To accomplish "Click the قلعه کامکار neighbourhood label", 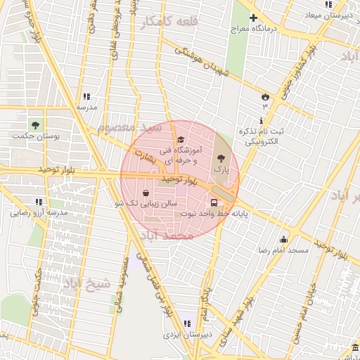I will [169, 22].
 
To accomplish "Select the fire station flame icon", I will [264, 96].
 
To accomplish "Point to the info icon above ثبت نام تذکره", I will [262, 121].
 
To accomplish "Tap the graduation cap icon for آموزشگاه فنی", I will [181, 140].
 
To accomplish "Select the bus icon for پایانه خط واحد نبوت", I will [214, 203].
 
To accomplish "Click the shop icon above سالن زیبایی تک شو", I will [146, 192].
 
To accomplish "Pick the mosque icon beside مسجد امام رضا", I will [283, 240].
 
